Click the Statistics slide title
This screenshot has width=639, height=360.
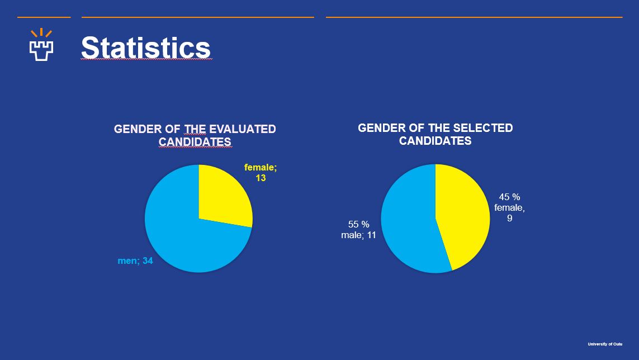coord(146,48)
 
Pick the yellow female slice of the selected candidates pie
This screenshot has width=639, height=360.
coord(461,218)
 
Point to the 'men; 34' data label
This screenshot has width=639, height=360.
coord(135,260)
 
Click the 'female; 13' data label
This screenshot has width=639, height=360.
coord(260,172)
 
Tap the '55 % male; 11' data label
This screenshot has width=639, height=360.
coord(358,230)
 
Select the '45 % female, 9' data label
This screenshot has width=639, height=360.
coord(509,207)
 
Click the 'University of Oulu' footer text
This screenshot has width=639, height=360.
coord(605,344)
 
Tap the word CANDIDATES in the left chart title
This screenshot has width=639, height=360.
coord(195,142)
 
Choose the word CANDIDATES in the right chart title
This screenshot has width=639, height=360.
coord(435,141)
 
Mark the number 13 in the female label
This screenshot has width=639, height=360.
coord(261,178)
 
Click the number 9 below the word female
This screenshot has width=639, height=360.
coord(510,218)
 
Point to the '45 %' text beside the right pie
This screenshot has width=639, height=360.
coord(509,197)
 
